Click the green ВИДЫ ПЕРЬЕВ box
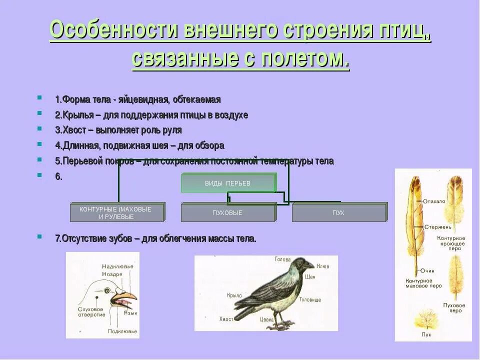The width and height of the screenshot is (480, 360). [x=228, y=183]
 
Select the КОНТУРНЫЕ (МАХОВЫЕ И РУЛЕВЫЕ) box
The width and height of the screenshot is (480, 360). [x=117, y=212]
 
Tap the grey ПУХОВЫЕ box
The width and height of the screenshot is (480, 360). [x=228, y=212]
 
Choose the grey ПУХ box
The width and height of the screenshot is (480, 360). [x=338, y=212]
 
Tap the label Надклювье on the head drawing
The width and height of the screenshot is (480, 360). [x=117, y=266]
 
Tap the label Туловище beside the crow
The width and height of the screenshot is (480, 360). [x=310, y=299]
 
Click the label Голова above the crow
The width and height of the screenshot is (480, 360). [x=282, y=259]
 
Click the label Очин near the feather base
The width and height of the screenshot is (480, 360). [x=427, y=270]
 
